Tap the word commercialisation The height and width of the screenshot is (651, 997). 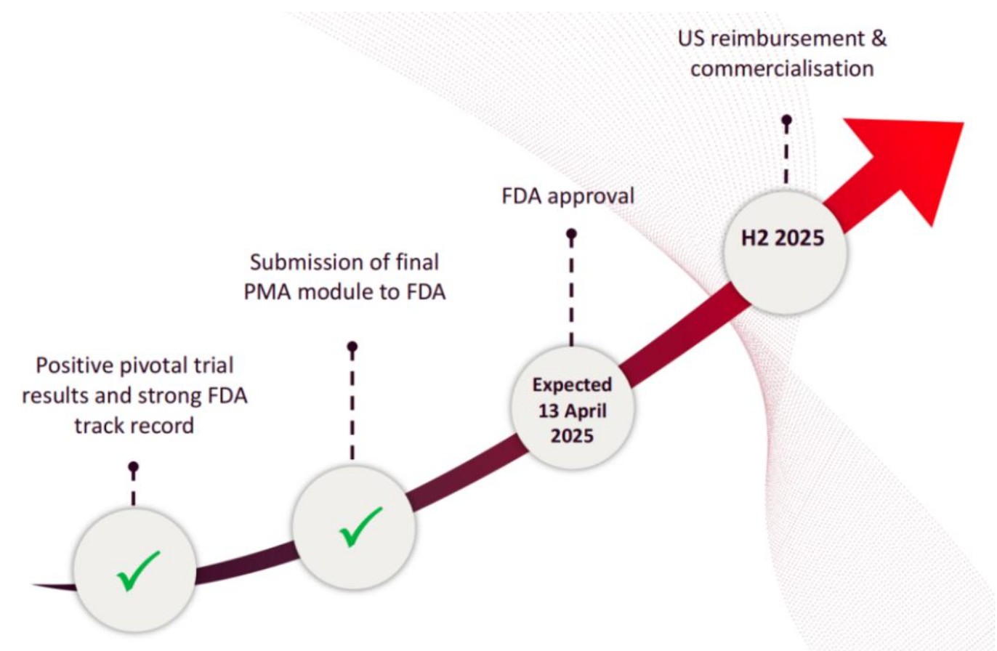click(782, 69)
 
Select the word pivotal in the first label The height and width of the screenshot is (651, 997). click(166, 365)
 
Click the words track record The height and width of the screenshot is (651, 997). click(134, 425)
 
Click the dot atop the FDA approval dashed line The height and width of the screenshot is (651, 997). click(571, 234)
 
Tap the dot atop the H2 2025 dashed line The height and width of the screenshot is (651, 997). click(786, 120)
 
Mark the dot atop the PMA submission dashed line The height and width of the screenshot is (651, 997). click(352, 347)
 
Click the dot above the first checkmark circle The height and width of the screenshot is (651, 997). click(133, 466)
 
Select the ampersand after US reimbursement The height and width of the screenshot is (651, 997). click(878, 39)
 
